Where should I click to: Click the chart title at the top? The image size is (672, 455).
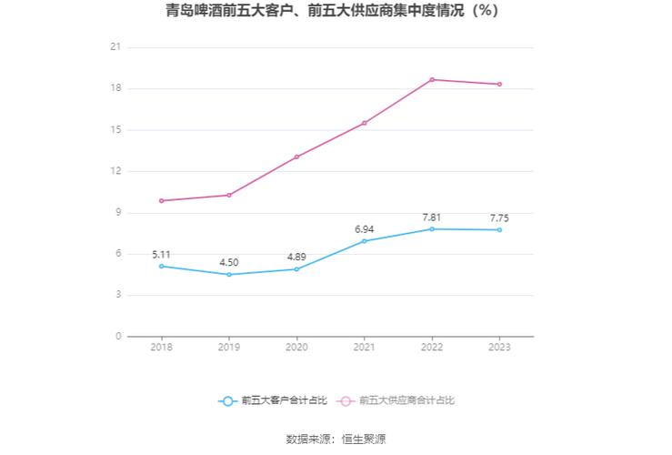tap(336, 12)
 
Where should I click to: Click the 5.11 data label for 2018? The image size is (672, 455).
tap(162, 254)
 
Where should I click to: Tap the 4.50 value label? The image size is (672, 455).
tap(229, 262)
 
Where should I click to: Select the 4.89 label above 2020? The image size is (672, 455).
tap(296, 257)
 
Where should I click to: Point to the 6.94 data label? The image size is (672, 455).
tap(365, 228)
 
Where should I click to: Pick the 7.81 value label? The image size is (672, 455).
tap(432, 217)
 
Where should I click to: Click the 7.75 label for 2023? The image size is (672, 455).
tap(499, 217)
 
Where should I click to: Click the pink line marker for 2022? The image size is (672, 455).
tap(432, 79)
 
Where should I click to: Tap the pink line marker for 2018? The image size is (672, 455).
tap(162, 200)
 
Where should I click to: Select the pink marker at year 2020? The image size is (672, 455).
tap(296, 157)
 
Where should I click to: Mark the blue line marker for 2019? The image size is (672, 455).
tap(229, 274)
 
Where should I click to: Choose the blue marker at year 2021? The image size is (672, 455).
tap(365, 240)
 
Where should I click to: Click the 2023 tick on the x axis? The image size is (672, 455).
tap(499, 348)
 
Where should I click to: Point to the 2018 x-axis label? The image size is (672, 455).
tap(162, 348)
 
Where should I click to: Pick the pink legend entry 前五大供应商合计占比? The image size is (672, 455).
tap(396, 400)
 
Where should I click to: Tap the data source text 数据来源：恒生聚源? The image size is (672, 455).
tap(336, 439)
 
